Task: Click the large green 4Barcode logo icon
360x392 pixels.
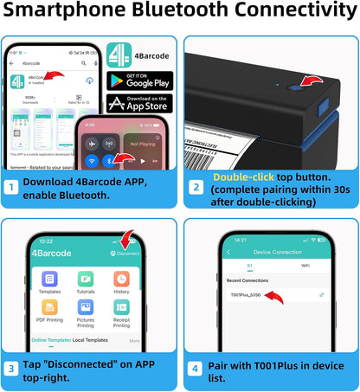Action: pyautogui.click(x=118, y=52)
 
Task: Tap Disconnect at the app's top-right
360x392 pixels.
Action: pyautogui.click(x=126, y=254)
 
